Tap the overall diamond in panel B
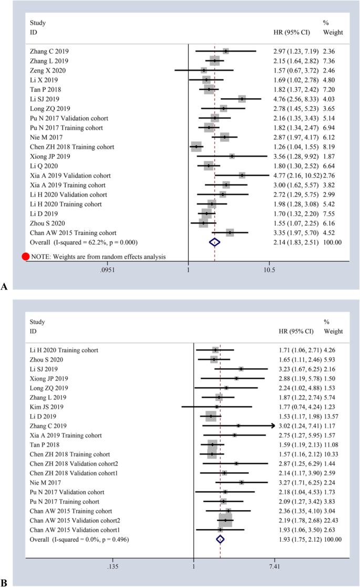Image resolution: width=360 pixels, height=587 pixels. [220, 539]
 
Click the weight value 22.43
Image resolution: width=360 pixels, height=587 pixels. [332, 520]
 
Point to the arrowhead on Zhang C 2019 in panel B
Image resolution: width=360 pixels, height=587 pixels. [273, 426]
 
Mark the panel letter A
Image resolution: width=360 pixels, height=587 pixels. [5, 286]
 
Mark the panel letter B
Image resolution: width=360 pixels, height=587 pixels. [5, 583]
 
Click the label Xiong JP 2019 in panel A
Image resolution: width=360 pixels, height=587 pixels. [49, 156]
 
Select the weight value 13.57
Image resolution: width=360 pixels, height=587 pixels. [332, 416]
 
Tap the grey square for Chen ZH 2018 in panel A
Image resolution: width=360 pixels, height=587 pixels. [196, 147]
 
